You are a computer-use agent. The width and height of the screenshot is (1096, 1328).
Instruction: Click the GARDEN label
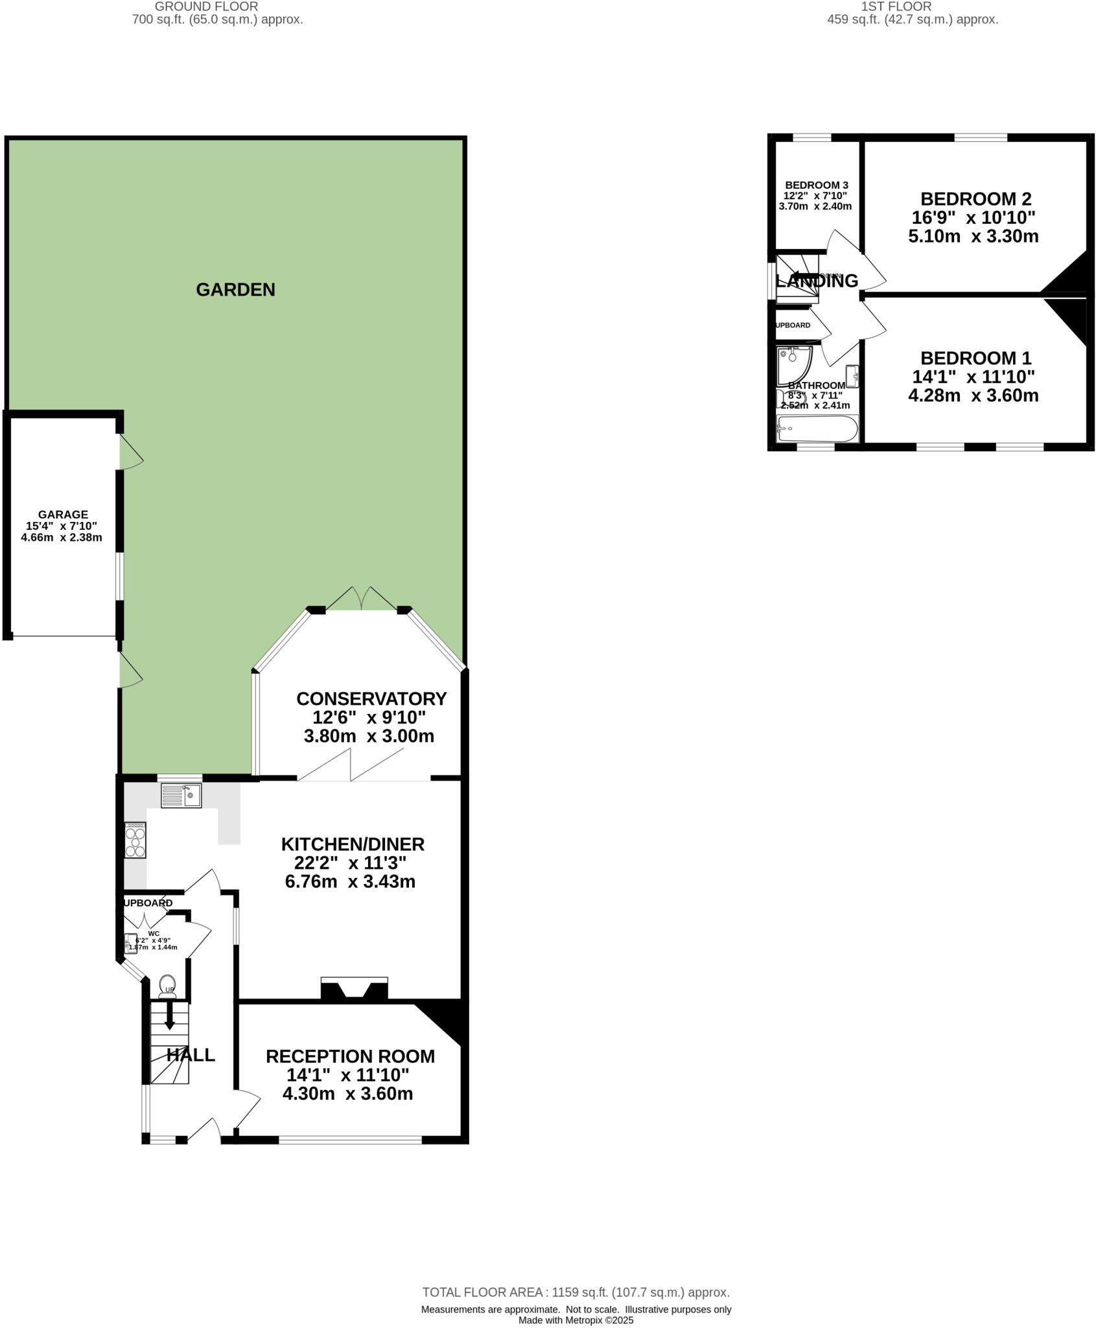tap(235, 289)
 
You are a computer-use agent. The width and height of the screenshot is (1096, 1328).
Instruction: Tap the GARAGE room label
tap(62, 515)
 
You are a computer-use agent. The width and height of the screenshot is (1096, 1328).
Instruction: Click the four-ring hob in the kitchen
tap(135, 840)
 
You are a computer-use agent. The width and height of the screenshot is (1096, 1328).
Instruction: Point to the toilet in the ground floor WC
tap(167, 984)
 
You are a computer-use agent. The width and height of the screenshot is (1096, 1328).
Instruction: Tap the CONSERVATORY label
tap(371, 698)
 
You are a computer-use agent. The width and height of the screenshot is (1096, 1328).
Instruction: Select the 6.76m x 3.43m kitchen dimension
tap(350, 881)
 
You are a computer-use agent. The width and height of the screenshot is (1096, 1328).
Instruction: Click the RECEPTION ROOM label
tap(350, 1056)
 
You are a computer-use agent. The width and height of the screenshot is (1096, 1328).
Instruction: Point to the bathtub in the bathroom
tap(817, 429)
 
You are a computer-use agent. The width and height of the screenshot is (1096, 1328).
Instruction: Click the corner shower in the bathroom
tap(792, 362)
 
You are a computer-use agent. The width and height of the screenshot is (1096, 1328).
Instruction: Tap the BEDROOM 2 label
tap(975, 198)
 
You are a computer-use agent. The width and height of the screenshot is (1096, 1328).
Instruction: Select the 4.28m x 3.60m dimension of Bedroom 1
tap(973, 396)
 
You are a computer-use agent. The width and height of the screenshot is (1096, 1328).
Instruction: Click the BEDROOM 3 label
tap(816, 185)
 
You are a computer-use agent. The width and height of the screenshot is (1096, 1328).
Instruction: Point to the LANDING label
tap(817, 281)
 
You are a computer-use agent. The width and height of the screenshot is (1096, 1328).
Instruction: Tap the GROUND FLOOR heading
tap(206, 6)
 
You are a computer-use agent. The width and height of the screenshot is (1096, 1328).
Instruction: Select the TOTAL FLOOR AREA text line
tap(576, 1292)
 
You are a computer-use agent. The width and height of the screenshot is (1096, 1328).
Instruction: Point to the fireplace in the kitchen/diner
tap(354, 990)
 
